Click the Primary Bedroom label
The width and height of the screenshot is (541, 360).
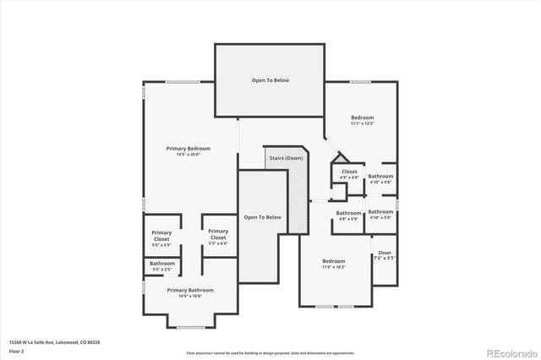point(188,151)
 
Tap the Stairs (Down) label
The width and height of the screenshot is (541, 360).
point(287,158)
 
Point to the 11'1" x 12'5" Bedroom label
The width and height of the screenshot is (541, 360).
point(362,121)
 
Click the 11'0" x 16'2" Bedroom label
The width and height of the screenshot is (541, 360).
point(333,265)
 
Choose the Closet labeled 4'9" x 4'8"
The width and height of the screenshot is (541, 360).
point(349,175)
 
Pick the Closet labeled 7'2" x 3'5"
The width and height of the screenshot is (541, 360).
point(385,256)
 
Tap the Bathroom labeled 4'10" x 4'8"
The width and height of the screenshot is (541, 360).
point(380,177)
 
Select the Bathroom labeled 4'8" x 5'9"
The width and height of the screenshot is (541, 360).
point(349,216)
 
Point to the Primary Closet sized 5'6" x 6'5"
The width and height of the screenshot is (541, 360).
point(161,238)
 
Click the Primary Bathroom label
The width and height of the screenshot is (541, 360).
point(189,292)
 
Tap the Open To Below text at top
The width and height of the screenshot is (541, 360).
point(270,80)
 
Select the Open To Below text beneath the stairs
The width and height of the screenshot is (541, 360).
point(262,217)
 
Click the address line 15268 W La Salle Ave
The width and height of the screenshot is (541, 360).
point(55,342)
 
